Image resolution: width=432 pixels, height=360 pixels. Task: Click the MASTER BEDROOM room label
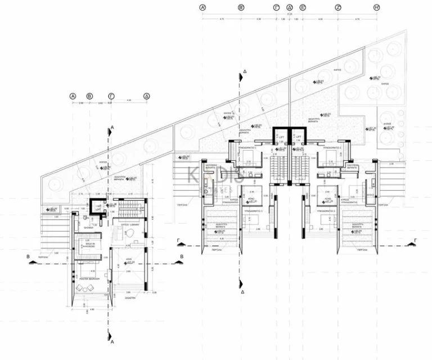pos(89,278)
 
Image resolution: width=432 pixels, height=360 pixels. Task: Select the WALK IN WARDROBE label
pos(88,246)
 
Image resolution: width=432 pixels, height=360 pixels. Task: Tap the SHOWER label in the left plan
pos(89,228)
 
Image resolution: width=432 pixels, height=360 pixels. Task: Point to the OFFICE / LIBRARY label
pos(130,224)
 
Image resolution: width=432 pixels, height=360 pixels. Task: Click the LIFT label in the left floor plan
pos(97,208)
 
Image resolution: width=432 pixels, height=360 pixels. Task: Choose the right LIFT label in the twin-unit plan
pos(298,136)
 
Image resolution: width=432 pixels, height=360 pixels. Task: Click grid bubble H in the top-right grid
pos(376,8)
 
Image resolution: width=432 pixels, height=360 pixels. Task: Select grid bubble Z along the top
pos(338,8)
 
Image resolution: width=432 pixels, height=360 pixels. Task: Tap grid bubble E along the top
pos(303,8)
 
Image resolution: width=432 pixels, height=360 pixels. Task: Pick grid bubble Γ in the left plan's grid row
pos(112,96)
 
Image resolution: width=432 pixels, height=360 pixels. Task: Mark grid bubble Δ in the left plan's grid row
pos(146,96)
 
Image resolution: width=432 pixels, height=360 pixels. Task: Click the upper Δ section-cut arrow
pos(242,72)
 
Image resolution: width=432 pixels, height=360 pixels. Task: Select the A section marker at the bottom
pos(112,341)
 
